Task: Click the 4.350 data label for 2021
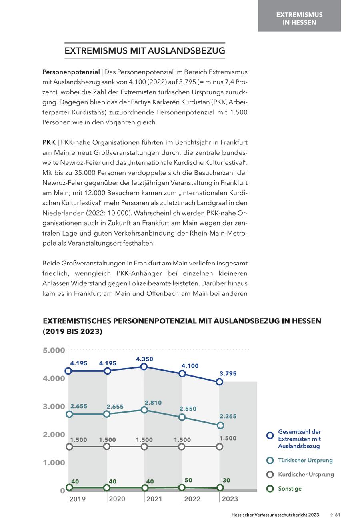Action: (144, 359)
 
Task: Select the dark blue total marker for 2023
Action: (220, 382)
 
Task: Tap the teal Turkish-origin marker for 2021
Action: (144, 410)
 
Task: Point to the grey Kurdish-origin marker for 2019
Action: (69, 447)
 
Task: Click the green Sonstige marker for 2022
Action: (182, 487)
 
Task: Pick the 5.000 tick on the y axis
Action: (54, 351)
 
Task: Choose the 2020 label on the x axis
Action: (117, 499)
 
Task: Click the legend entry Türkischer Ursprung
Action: (305, 460)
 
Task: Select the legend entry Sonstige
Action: (290, 489)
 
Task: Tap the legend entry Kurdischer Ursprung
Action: (306, 475)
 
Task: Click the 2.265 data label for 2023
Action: (228, 416)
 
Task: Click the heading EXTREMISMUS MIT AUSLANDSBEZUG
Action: (145, 51)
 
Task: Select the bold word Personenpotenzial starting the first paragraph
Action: (71, 72)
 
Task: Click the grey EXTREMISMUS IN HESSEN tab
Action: (299, 18)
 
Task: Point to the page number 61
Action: (338, 515)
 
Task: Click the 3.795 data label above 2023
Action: (228, 373)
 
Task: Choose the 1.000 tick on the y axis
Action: (54, 463)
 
